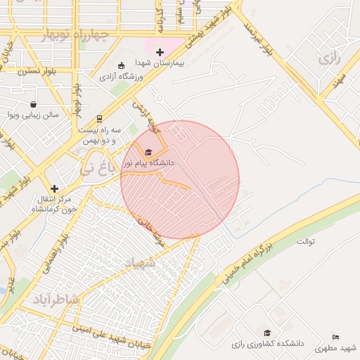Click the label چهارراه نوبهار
point(75,35)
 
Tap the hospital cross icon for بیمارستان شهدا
point(160,52)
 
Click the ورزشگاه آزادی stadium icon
point(121,65)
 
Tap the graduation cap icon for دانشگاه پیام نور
point(148,153)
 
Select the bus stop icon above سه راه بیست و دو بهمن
point(99,119)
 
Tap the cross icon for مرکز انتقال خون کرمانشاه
point(54,188)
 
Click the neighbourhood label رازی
point(328,58)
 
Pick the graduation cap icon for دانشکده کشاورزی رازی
point(267,333)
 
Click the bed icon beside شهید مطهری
point(336,337)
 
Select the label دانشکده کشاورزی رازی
point(267,344)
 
